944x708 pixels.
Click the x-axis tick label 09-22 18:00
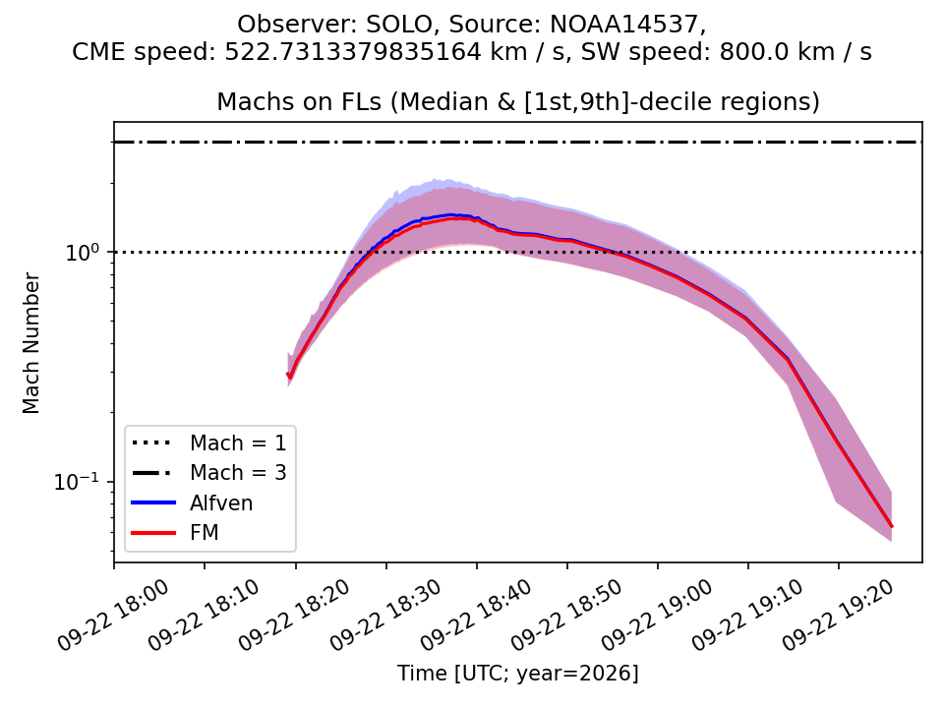pos(113,616)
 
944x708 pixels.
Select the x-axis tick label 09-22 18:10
pos(204,616)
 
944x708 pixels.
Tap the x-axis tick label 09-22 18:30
pos(384,616)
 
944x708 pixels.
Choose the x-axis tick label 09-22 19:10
pos(746,616)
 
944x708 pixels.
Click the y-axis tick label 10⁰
pos(82,253)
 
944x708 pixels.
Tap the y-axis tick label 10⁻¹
pos(77,482)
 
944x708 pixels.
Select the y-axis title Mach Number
pos(30,343)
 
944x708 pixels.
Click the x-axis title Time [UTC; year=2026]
pos(518,673)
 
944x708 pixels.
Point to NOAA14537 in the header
pos(625,25)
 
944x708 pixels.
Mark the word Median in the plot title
pos(437,101)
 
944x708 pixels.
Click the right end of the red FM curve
pos(892,527)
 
